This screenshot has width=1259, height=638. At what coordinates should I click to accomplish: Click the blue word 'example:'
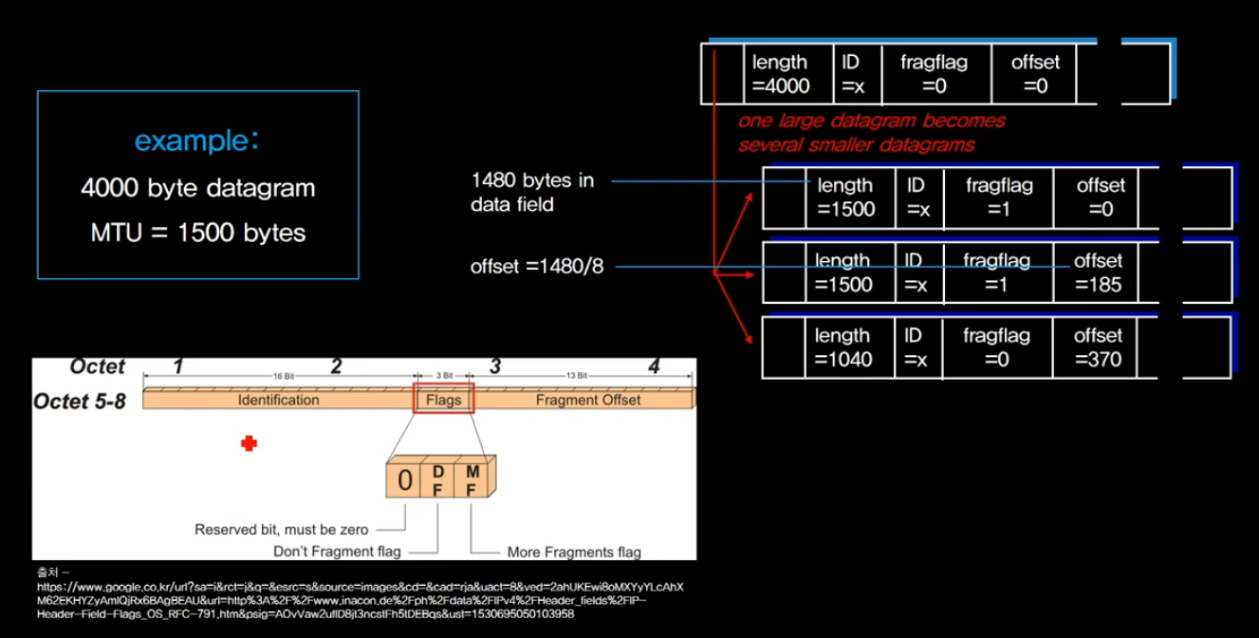point(196,141)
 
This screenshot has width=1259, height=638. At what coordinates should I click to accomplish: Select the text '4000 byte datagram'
point(197,188)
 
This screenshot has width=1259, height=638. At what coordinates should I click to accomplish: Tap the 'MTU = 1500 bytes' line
point(197,233)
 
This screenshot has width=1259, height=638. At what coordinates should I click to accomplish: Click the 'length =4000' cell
point(781,74)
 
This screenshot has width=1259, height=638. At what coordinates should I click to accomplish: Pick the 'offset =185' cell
point(1098,272)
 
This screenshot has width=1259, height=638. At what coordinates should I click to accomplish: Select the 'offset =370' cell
point(1098,347)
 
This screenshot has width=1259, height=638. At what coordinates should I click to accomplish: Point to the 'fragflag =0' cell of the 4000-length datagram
point(935,74)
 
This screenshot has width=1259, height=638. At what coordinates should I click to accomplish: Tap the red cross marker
point(249,442)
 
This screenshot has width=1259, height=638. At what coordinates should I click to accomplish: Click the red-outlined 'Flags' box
point(444,400)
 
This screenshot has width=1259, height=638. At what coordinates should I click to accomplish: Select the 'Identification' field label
point(278,400)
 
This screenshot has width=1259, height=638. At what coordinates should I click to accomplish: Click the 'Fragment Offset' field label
point(588,400)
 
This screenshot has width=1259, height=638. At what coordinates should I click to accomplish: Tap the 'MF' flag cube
point(471,479)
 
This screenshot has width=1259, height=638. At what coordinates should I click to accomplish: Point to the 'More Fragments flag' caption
point(574,552)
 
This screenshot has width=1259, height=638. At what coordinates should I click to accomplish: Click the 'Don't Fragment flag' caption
point(337,552)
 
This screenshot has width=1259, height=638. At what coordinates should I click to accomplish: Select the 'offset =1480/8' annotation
point(537,267)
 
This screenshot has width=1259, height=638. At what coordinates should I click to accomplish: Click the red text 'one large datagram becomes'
point(871,122)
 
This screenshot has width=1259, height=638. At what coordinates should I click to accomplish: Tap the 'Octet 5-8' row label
point(80,401)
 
